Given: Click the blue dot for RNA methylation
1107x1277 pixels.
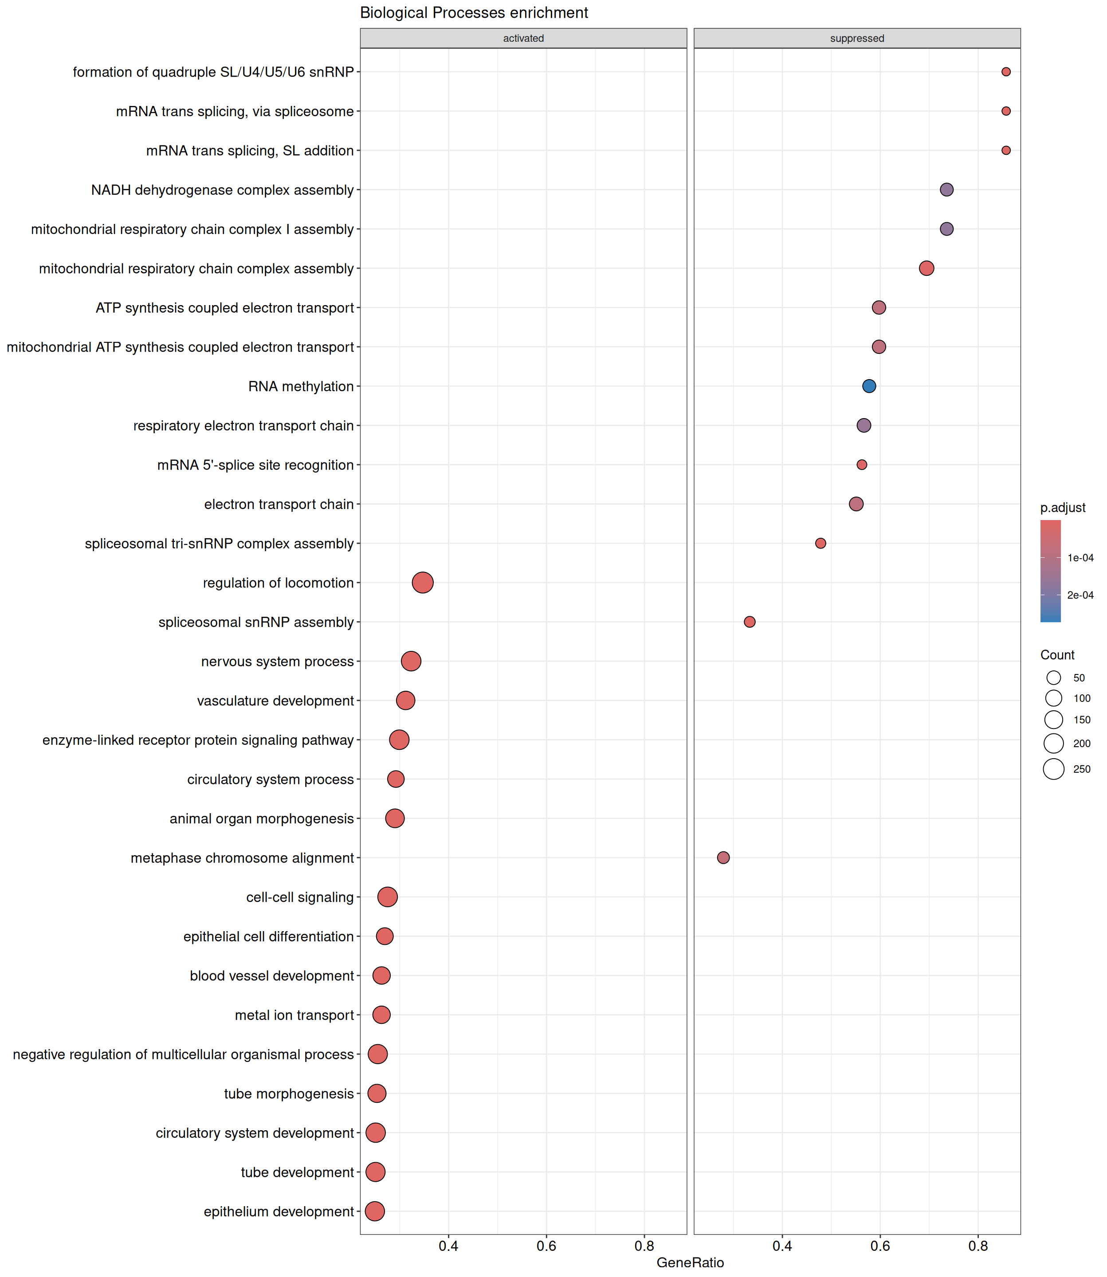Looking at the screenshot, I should [868, 386].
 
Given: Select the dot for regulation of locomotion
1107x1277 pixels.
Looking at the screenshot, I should [423, 582].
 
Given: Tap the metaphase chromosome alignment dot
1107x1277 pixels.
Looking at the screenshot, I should [723, 857].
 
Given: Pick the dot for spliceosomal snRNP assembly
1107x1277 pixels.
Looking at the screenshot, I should [750, 622].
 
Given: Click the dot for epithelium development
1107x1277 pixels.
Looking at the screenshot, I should [374, 1211].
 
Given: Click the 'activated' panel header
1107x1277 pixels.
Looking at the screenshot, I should [523, 38].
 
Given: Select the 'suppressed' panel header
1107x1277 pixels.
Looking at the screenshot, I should [857, 38].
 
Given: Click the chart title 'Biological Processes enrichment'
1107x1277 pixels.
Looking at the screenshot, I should [474, 13].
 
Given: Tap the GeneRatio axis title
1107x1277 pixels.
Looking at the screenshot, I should [690, 1263].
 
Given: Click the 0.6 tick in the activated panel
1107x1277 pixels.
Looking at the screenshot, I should [546, 1246].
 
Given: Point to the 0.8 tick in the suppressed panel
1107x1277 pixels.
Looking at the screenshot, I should [978, 1246].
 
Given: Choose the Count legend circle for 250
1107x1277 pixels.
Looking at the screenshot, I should [1054, 769].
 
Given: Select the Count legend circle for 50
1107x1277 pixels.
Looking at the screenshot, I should [1054, 678].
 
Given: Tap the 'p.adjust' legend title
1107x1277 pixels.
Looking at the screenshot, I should [1063, 508].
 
